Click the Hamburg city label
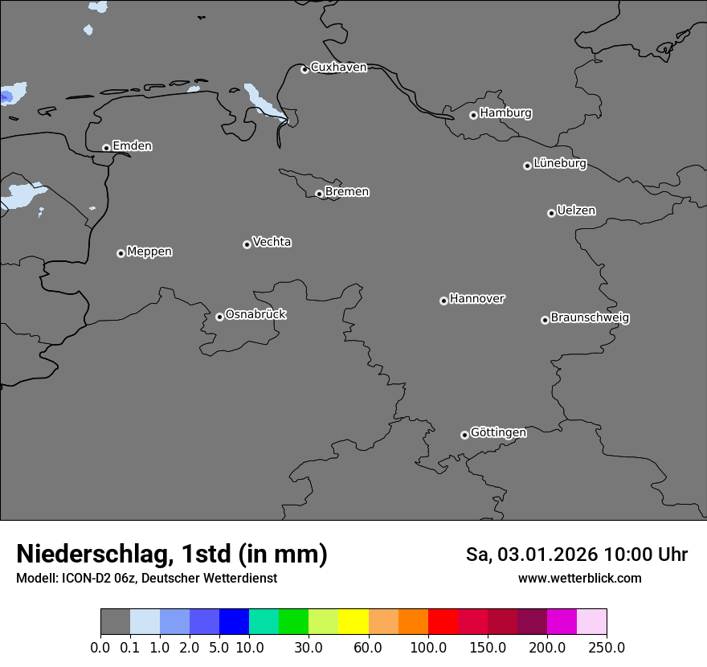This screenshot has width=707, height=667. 505,113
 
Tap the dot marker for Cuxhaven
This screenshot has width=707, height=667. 304,69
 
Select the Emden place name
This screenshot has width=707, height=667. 132,146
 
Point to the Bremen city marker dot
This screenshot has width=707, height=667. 319,194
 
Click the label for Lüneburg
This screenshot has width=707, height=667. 560,164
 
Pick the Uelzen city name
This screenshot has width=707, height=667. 576,211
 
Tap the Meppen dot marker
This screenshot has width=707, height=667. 121,253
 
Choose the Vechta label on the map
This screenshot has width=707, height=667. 272,242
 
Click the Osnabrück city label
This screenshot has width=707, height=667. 255,315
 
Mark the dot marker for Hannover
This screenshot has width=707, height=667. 443,301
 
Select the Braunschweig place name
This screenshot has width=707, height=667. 590,318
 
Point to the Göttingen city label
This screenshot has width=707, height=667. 498,433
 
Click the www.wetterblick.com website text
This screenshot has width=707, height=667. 579,578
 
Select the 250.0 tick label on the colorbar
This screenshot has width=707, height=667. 607,647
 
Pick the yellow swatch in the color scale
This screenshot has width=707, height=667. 353,622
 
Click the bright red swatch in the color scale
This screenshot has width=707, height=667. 443,622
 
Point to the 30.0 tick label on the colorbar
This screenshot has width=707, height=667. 309,647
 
